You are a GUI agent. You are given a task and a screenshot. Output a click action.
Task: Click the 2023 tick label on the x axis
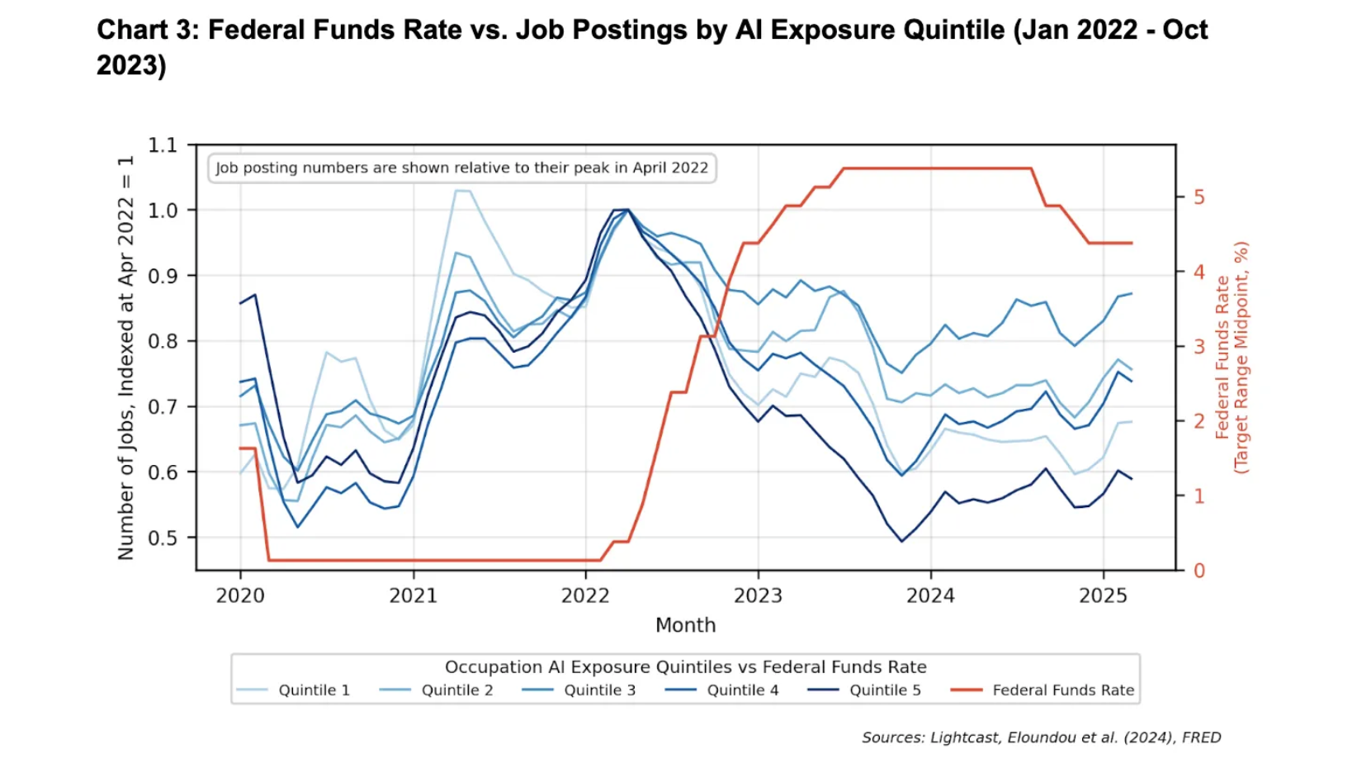tap(758, 595)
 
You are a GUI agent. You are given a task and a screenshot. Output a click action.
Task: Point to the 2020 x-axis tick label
tap(240, 595)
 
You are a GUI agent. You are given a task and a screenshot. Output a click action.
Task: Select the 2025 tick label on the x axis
tap(1103, 595)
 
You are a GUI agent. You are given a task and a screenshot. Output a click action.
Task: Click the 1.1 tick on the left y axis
tap(163, 145)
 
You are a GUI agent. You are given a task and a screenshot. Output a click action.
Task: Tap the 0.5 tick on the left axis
tap(163, 538)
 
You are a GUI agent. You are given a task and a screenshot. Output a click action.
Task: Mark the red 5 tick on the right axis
tap(1199, 197)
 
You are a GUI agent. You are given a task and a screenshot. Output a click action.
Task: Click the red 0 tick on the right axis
tap(1199, 571)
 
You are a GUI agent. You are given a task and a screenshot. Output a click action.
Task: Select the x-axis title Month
tap(685, 625)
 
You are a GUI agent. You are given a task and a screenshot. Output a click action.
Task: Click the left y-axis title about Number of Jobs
tap(125, 357)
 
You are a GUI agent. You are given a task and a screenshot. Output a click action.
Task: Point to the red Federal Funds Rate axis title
tap(1232, 357)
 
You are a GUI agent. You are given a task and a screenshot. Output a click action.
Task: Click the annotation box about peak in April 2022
tap(461, 168)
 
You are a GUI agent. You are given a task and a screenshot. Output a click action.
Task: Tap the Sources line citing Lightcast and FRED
tap(1041, 738)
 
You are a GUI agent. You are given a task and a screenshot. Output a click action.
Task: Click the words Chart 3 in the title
tap(148, 30)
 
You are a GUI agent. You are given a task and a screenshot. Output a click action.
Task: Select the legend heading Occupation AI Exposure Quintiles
tap(685, 667)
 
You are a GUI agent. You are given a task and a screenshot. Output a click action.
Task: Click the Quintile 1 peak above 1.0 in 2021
tap(462, 191)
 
